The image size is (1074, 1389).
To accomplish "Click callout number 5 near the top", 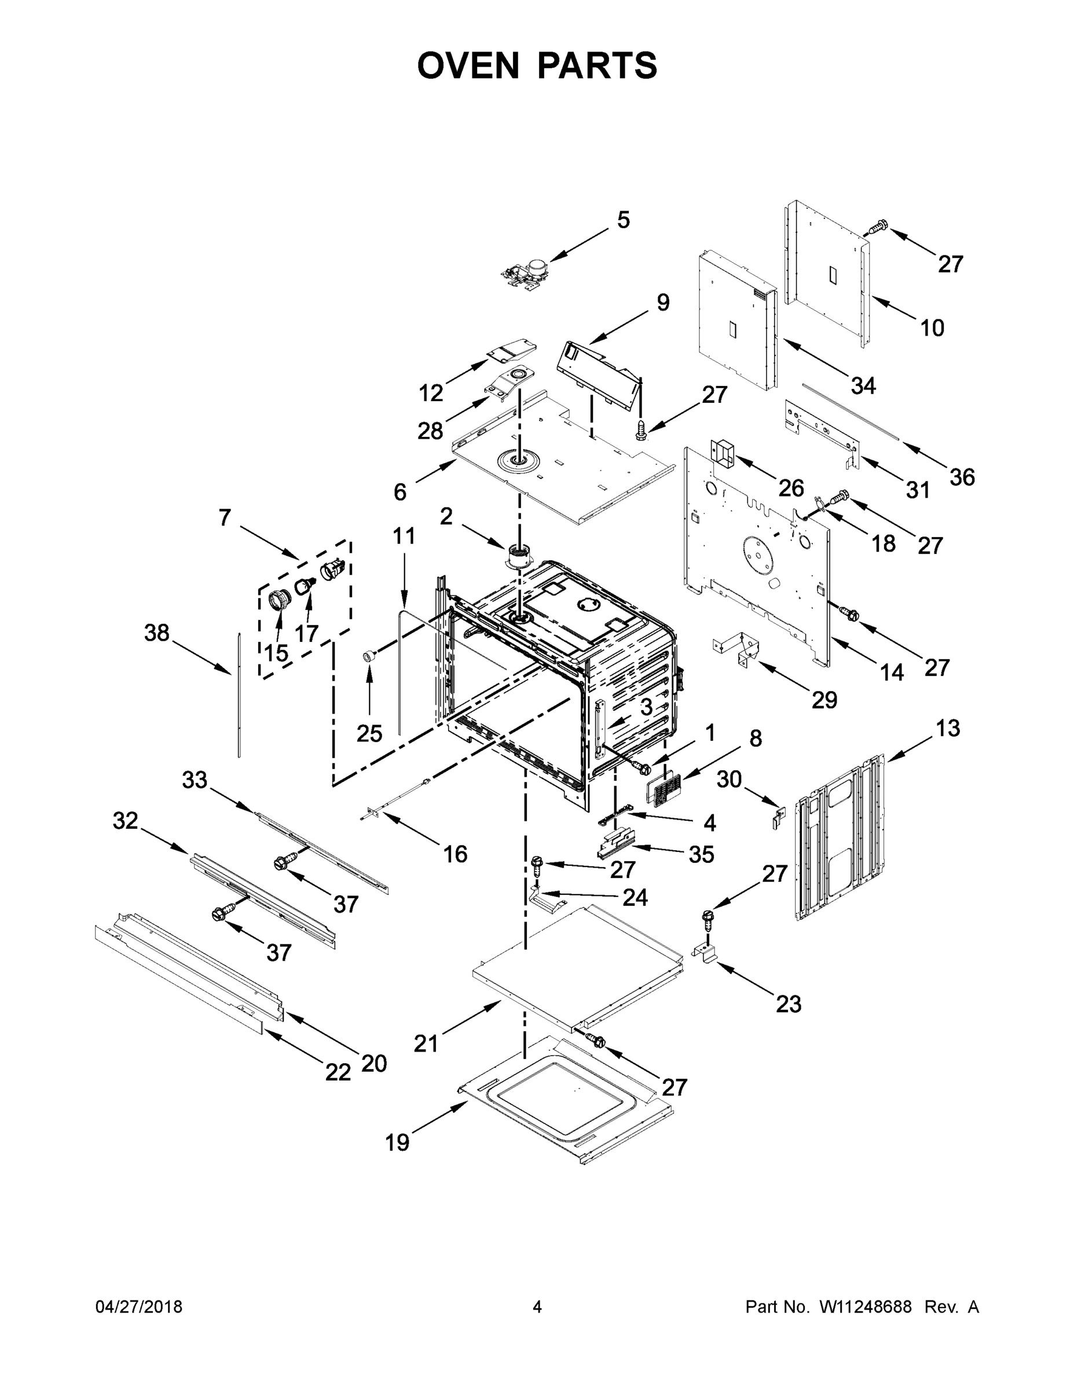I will [x=623, y=220].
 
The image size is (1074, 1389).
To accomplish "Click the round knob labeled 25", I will [x=367, y=656].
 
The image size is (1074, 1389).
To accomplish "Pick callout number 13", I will [x=947, y=728].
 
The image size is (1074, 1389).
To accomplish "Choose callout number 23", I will [x=789, y=1004].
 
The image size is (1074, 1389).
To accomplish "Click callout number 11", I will [x=404, y=536].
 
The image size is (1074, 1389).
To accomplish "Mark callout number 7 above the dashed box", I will [x=225, y=518].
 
